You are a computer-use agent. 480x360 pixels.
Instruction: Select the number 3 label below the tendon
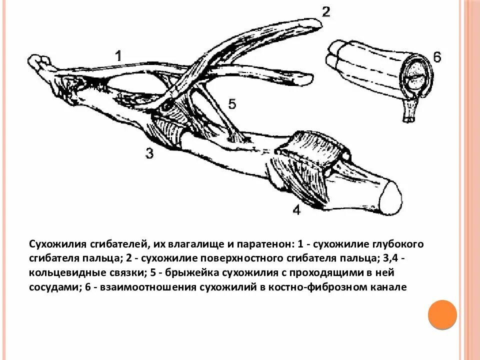149,152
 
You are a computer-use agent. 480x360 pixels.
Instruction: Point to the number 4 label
296,210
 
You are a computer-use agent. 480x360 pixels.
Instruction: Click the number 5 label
231,104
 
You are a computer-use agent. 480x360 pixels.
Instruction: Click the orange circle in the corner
442,314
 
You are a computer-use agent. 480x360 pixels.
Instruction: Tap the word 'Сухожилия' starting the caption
57,244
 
